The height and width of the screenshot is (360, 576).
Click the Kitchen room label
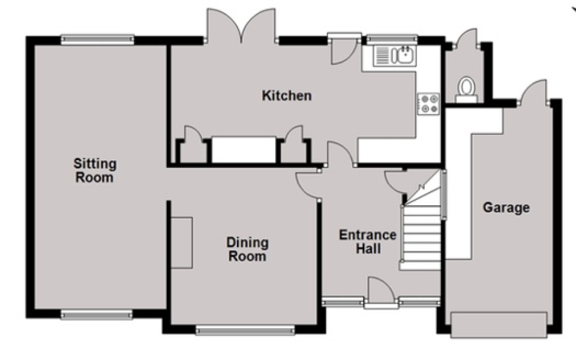coord(286,95)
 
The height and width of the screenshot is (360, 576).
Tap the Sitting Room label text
coord(95,170)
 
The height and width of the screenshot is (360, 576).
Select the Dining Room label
coord(247,249)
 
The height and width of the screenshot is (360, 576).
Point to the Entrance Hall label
coord(367,241)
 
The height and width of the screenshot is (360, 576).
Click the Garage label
coord(506,208)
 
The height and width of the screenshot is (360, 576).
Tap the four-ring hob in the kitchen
coord(428,103)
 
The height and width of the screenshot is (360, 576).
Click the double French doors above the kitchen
coord(241,27)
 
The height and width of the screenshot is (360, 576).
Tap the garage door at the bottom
coord(499,325)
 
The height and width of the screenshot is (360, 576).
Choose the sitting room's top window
coord(97,40)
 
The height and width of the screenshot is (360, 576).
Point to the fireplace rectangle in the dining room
coord(182,242)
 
